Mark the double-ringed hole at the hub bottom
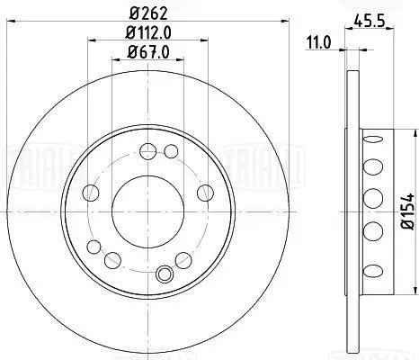click(x=163, y=274)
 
